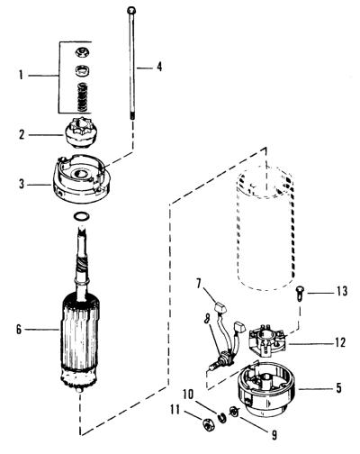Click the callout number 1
point(21,75)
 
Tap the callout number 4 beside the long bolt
point(159,67)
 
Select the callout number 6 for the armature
point(19,330)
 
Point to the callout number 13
point(342,291)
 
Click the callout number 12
point(340,342)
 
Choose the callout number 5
point(338,388)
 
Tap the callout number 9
point(274,435)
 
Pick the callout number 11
point(175,410)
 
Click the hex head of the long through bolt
point(131,11)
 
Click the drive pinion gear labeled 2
point(78,132)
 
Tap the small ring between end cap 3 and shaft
point(82,216)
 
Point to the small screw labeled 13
point(300,293)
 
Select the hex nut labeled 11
point(207,424)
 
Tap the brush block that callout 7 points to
point(220,308)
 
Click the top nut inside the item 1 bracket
point(83,53)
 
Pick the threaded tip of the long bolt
point(131,116)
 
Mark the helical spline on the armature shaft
point(82,264)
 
